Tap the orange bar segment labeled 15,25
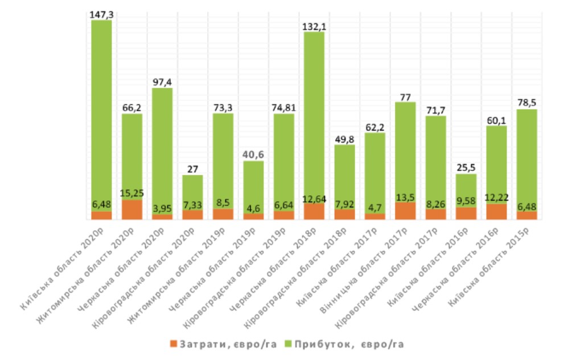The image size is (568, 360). coord(132,209)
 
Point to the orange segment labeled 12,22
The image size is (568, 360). coord(497,211)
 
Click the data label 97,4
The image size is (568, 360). coord(162,82)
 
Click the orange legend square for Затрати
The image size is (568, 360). coord(173,344)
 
